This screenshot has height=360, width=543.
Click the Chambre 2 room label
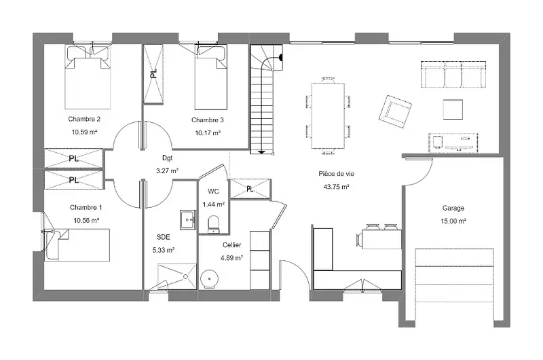click(x=84, y=119)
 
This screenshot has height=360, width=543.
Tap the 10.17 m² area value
click(x=208, y=132)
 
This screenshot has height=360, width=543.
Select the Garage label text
click(x=453, y=209)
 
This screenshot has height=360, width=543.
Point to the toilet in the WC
click(x=213, y=224)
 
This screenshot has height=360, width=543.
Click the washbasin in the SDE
click(x=188, y=219)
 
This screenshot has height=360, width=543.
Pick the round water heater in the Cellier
click(x=210, y=279)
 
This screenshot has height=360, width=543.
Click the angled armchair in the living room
click(x=395, y=111)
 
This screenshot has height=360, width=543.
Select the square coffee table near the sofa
click(x=453, y=109)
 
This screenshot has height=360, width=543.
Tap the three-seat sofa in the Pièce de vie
click(x=453, y=75)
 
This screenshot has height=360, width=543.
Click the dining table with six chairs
click(x=329, y=115)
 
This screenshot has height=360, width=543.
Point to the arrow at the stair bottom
click(x=262, y=151)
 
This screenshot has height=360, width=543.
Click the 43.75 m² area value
click(x=336, y=187)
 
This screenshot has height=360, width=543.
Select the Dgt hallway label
click(x=167, y=158)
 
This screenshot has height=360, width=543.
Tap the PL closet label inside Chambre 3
click(x=153, y=73)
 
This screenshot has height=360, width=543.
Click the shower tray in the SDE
click(x=177, y=276)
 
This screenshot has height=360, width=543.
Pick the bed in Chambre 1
click(x=77, y=245)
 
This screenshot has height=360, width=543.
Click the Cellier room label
click(x=231, y=245)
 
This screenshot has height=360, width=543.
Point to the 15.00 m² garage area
click(x=453, y=221)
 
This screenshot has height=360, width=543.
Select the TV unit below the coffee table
click(x=453, y=143)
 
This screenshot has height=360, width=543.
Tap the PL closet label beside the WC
click(x=250, y=189)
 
